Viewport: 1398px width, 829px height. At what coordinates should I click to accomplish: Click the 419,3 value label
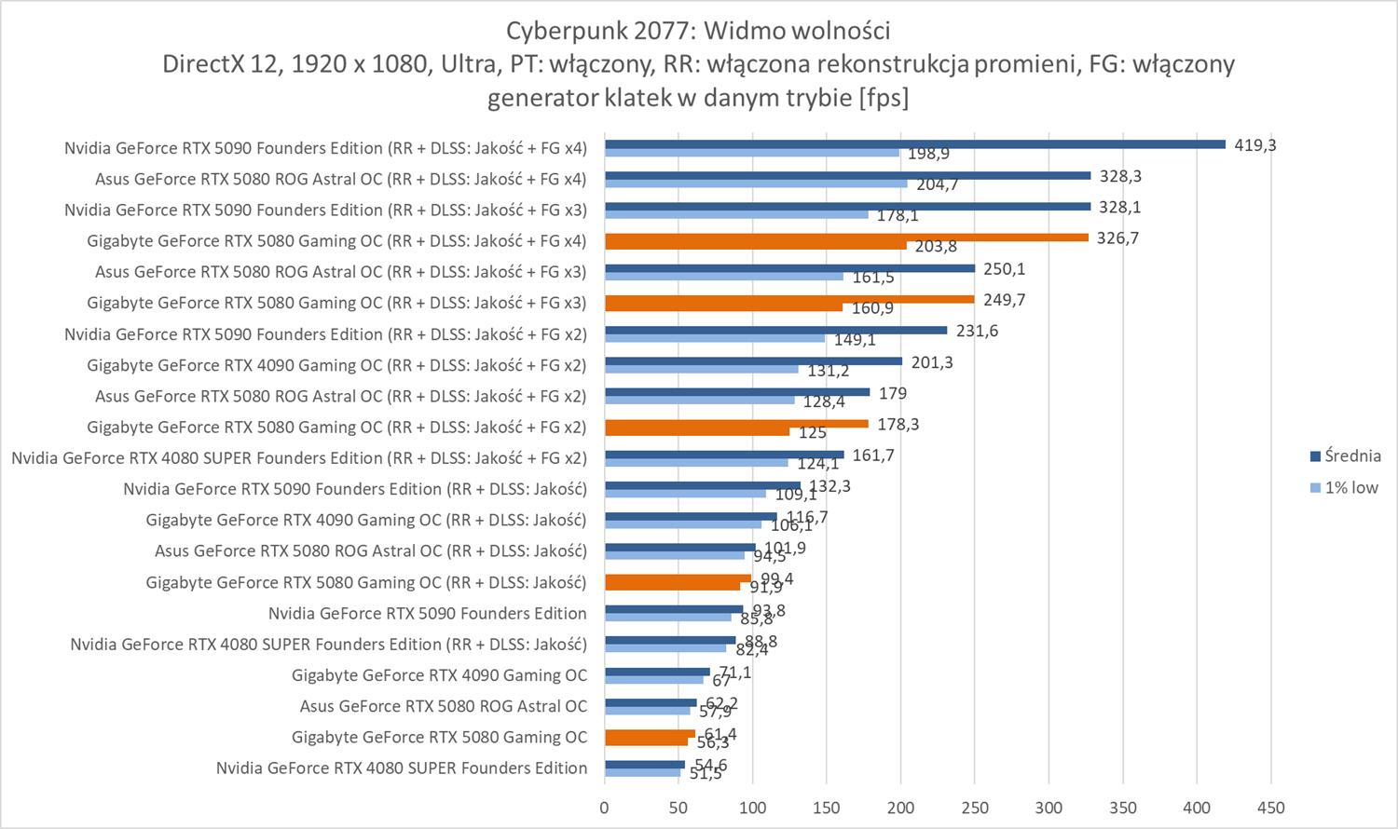coord(1254,145)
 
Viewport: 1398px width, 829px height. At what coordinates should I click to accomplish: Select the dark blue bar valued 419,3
coord(914,144)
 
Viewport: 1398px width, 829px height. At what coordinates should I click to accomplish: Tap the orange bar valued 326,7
coord(846,238)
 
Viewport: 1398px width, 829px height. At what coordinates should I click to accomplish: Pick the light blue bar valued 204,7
coord(756,183)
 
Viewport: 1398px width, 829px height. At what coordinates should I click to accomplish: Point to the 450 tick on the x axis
coord(1270,808)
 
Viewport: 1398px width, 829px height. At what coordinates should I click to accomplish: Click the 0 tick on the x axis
coord(605,808)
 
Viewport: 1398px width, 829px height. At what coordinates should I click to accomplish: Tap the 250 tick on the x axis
coord(974,808)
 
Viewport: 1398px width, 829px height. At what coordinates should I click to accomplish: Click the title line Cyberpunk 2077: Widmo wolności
coord(698,31)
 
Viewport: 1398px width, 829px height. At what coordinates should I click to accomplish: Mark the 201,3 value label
coord(931,362)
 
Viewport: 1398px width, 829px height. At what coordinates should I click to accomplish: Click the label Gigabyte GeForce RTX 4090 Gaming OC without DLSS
coord(439,674)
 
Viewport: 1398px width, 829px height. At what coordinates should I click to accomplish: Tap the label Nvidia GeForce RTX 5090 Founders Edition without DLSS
coord(427,613)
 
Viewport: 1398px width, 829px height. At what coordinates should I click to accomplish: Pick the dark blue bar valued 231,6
coord(775,331)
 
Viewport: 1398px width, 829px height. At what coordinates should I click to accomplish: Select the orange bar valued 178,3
coord(736,424)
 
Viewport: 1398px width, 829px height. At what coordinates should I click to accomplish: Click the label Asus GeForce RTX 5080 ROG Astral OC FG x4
coord(340,179)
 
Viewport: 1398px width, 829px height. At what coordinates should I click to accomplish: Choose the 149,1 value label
coord(855,340)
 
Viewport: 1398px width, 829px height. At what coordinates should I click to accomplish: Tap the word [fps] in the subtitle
coord(884,97)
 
